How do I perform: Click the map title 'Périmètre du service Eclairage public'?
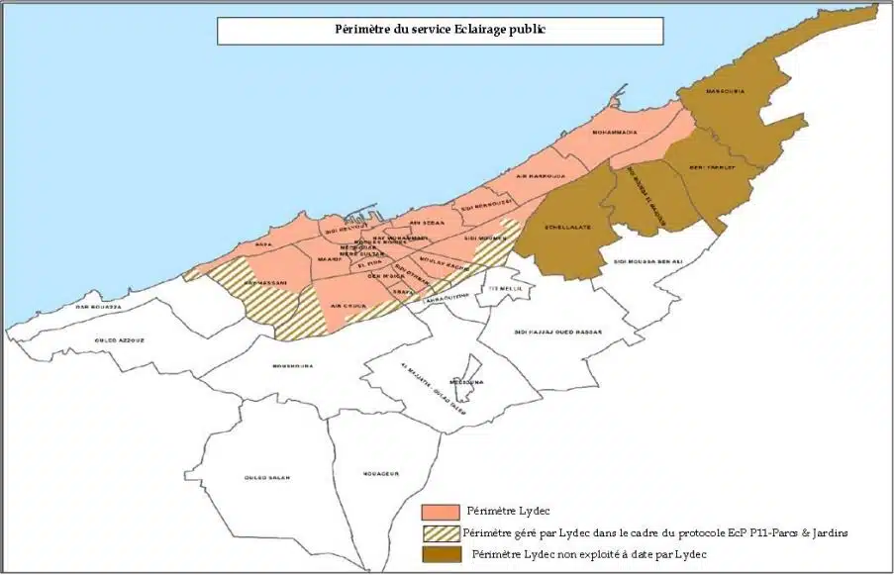440,30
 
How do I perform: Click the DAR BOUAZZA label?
98,307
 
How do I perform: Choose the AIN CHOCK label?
348,306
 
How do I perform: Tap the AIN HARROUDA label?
541,176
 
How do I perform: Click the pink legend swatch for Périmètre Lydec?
440,512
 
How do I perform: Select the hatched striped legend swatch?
440,532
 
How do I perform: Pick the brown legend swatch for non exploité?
440,553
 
